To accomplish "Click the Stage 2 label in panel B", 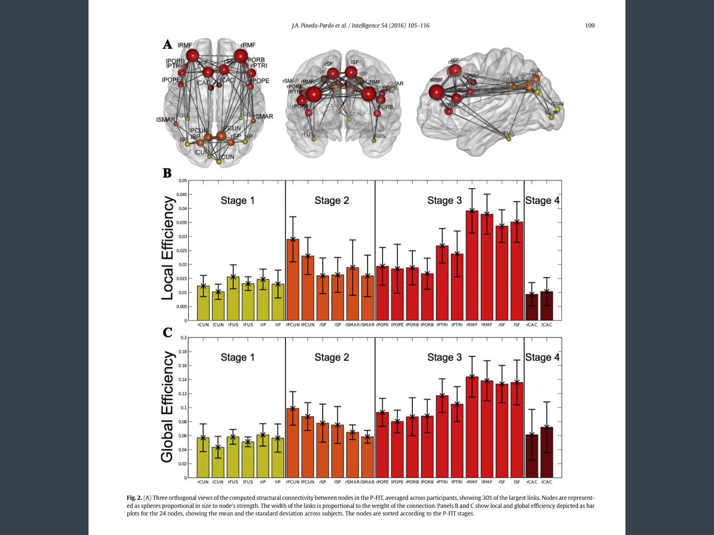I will [x=332, y=201].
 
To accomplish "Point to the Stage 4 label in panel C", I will [x=542, y=358].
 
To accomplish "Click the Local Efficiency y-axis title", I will [x=167, y=248].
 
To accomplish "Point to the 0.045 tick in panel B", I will [x=182, y=194].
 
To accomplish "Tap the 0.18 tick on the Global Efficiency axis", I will [x=183, y=352].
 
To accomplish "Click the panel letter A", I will [x=167, y=45].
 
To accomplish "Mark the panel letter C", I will [x=167, y=333].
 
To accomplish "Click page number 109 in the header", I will [x=589, y=25].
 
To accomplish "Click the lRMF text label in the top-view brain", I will [x=185, y=45].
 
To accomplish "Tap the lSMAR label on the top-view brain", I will [x=166, y=119].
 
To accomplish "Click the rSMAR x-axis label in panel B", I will [x=352, y=325].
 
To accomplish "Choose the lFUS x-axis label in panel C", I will [x=248, y=482].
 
